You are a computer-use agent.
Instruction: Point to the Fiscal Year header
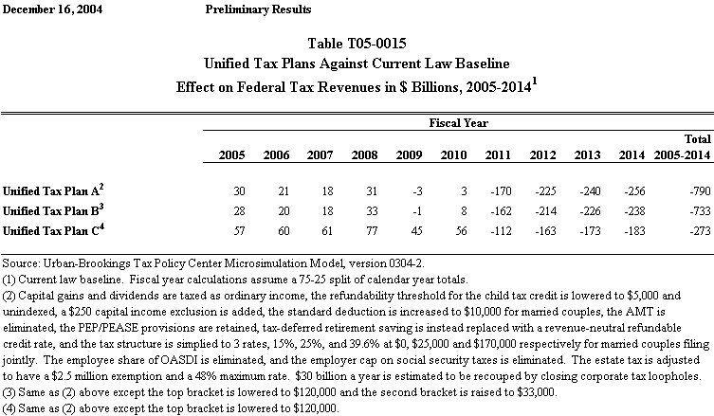[x=459, y=123]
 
